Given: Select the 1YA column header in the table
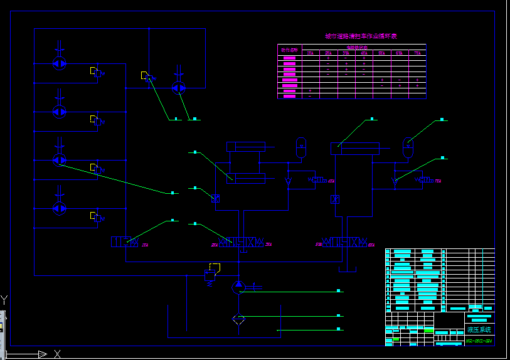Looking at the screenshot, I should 310,53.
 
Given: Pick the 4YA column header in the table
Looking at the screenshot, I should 363,53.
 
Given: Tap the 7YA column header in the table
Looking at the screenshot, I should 417,53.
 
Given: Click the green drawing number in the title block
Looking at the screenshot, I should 479,341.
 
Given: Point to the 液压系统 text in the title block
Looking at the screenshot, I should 479,329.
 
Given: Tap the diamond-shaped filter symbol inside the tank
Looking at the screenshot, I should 238,319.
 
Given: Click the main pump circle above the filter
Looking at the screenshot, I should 238,287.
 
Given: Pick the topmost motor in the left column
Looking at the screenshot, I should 59,63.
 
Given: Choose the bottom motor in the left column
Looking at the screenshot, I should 59,208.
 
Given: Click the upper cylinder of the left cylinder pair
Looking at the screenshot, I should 246,147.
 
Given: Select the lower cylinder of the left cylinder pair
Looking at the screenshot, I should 246,179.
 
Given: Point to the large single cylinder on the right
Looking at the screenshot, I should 355,149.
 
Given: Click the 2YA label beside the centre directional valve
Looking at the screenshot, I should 215,245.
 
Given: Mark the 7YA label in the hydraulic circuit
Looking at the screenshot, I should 438,181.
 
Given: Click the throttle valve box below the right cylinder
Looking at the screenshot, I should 335,199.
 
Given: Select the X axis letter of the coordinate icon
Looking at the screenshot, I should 57,354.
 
